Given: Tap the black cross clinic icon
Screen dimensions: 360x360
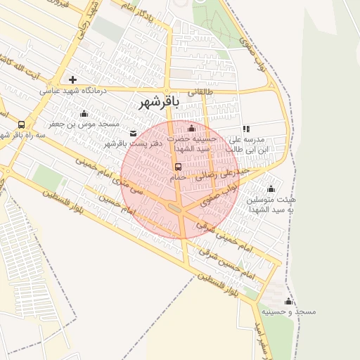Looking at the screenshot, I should pyautogui.click(x=72, y=79).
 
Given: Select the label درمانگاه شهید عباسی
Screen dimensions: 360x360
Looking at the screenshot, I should pyautogui.click(x=72, y=90).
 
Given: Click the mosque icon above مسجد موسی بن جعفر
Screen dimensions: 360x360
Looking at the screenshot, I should pyautogui.click(x=84, y=113).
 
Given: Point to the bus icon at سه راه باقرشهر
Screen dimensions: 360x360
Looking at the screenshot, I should pyautogui.click(x=21, y=124).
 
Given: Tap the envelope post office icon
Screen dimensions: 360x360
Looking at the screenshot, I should pyautogui.click(x=134, y=133).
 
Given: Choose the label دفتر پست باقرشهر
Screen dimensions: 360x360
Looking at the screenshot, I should pyautogui.click(x=134, y=143).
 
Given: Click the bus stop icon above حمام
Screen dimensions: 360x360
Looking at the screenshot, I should pyautogui.click(x=178, y=167).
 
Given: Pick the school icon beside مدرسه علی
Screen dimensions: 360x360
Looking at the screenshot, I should pyautogui.click(x=245, y=129).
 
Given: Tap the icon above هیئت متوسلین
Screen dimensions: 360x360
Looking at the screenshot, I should pyautogui.click(x=271, y=188).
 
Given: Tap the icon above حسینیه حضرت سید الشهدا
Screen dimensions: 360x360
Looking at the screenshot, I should pyautogui.click(x=192, y=128).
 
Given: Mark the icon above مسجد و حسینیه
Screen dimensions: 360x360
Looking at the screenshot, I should pyautogui.click(x=287, y=301).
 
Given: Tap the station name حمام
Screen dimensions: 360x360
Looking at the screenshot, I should pyautogui.click(x=178, y=178).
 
